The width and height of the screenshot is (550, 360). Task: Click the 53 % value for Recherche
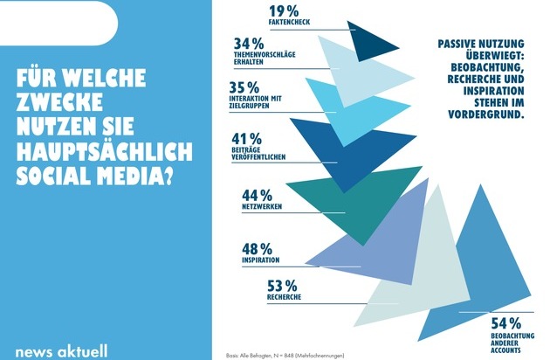tap(280, 285)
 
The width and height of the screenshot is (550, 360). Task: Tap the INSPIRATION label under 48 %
tap(260, 260)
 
